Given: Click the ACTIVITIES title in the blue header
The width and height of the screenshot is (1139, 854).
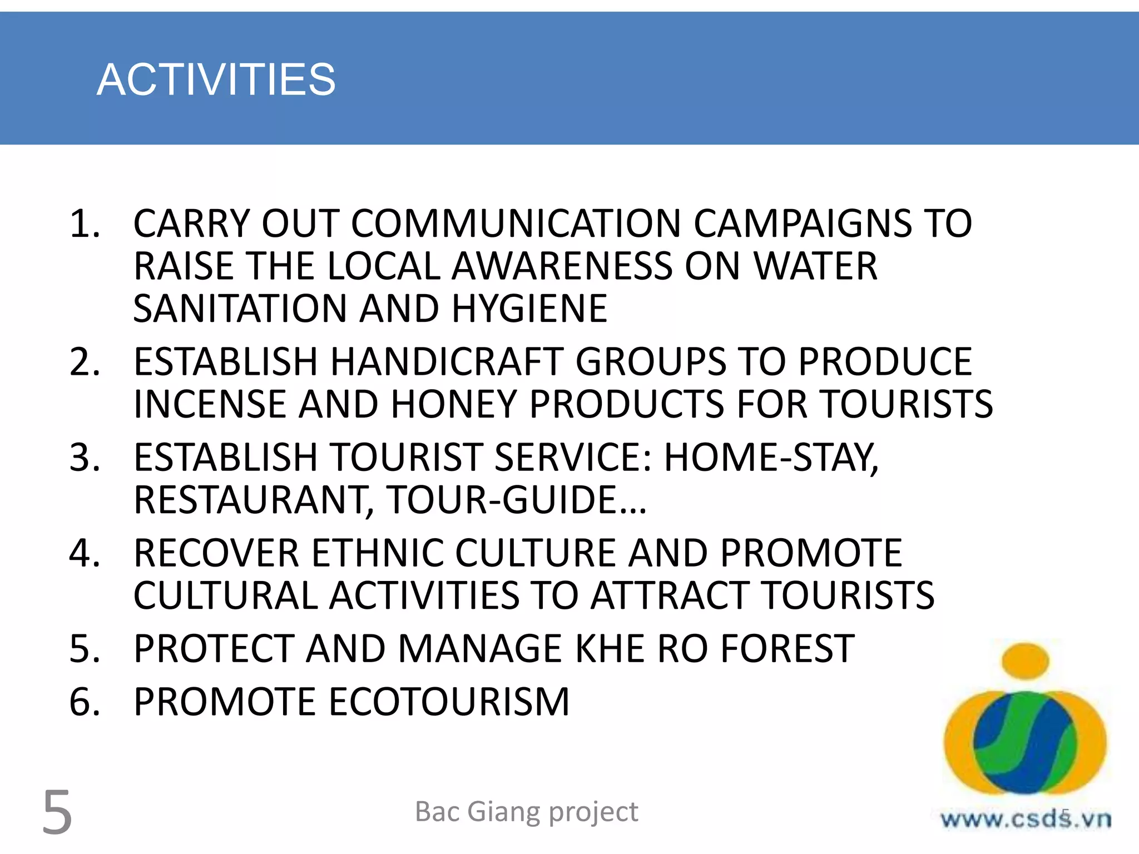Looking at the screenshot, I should [216, 80].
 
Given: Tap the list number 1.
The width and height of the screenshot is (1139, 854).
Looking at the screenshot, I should [85, 224].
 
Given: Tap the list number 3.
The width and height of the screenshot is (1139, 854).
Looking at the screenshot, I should [85, 458].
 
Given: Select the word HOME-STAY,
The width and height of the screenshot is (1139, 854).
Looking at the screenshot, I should [771, 458].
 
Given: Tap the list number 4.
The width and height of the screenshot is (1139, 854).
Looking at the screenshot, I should [85, 553].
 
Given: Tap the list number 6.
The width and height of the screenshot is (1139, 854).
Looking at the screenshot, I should [85, 702].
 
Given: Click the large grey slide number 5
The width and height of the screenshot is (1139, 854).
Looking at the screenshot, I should [57, 812].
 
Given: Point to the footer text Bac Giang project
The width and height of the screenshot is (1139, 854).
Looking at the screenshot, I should [526, 812].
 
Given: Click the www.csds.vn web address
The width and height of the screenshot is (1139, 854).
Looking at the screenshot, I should [1025, 819].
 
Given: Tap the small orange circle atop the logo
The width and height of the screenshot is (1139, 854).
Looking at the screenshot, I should [1025, 661].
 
